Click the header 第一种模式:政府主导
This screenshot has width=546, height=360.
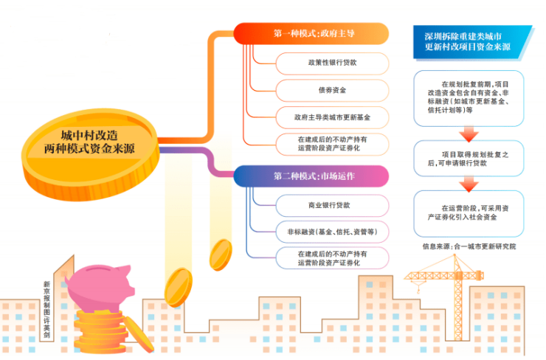coord(311,33)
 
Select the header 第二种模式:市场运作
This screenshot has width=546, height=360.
coord(311,176)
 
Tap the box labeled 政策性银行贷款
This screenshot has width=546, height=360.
coord(332,63)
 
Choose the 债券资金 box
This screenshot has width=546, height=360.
coord(332,91)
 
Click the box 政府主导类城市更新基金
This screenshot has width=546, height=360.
coord(332,118)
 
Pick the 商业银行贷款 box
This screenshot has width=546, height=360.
coord(332,205)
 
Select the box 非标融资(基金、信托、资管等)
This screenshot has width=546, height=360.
coord(332,232)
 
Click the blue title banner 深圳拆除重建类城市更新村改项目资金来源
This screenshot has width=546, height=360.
coord(471,42)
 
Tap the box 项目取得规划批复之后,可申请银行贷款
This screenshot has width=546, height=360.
coord(469,159)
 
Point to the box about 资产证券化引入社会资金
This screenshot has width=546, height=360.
coord(469,213)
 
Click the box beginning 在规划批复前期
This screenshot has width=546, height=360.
coord(469,98)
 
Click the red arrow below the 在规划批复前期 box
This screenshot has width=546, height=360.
coord(469,134)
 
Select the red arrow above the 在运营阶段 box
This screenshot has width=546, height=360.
coord(469,184)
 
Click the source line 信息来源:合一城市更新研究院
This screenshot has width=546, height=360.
coord(469,246)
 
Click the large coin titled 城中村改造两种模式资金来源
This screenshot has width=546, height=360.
coord(90,153)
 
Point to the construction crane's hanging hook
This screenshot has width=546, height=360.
coord(418,288)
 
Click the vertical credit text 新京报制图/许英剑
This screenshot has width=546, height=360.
coord(46,310)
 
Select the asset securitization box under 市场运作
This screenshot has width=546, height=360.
coord(332,258)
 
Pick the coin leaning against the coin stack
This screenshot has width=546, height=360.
coord(139,334)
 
